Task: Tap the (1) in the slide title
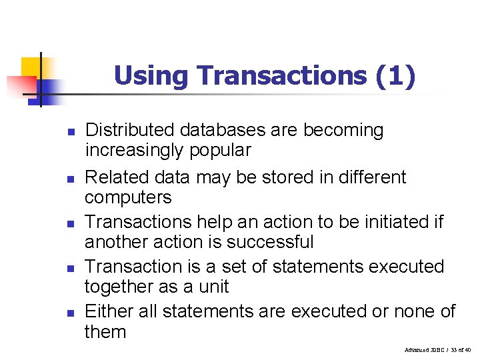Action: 395,76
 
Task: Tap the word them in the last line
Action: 105,331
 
